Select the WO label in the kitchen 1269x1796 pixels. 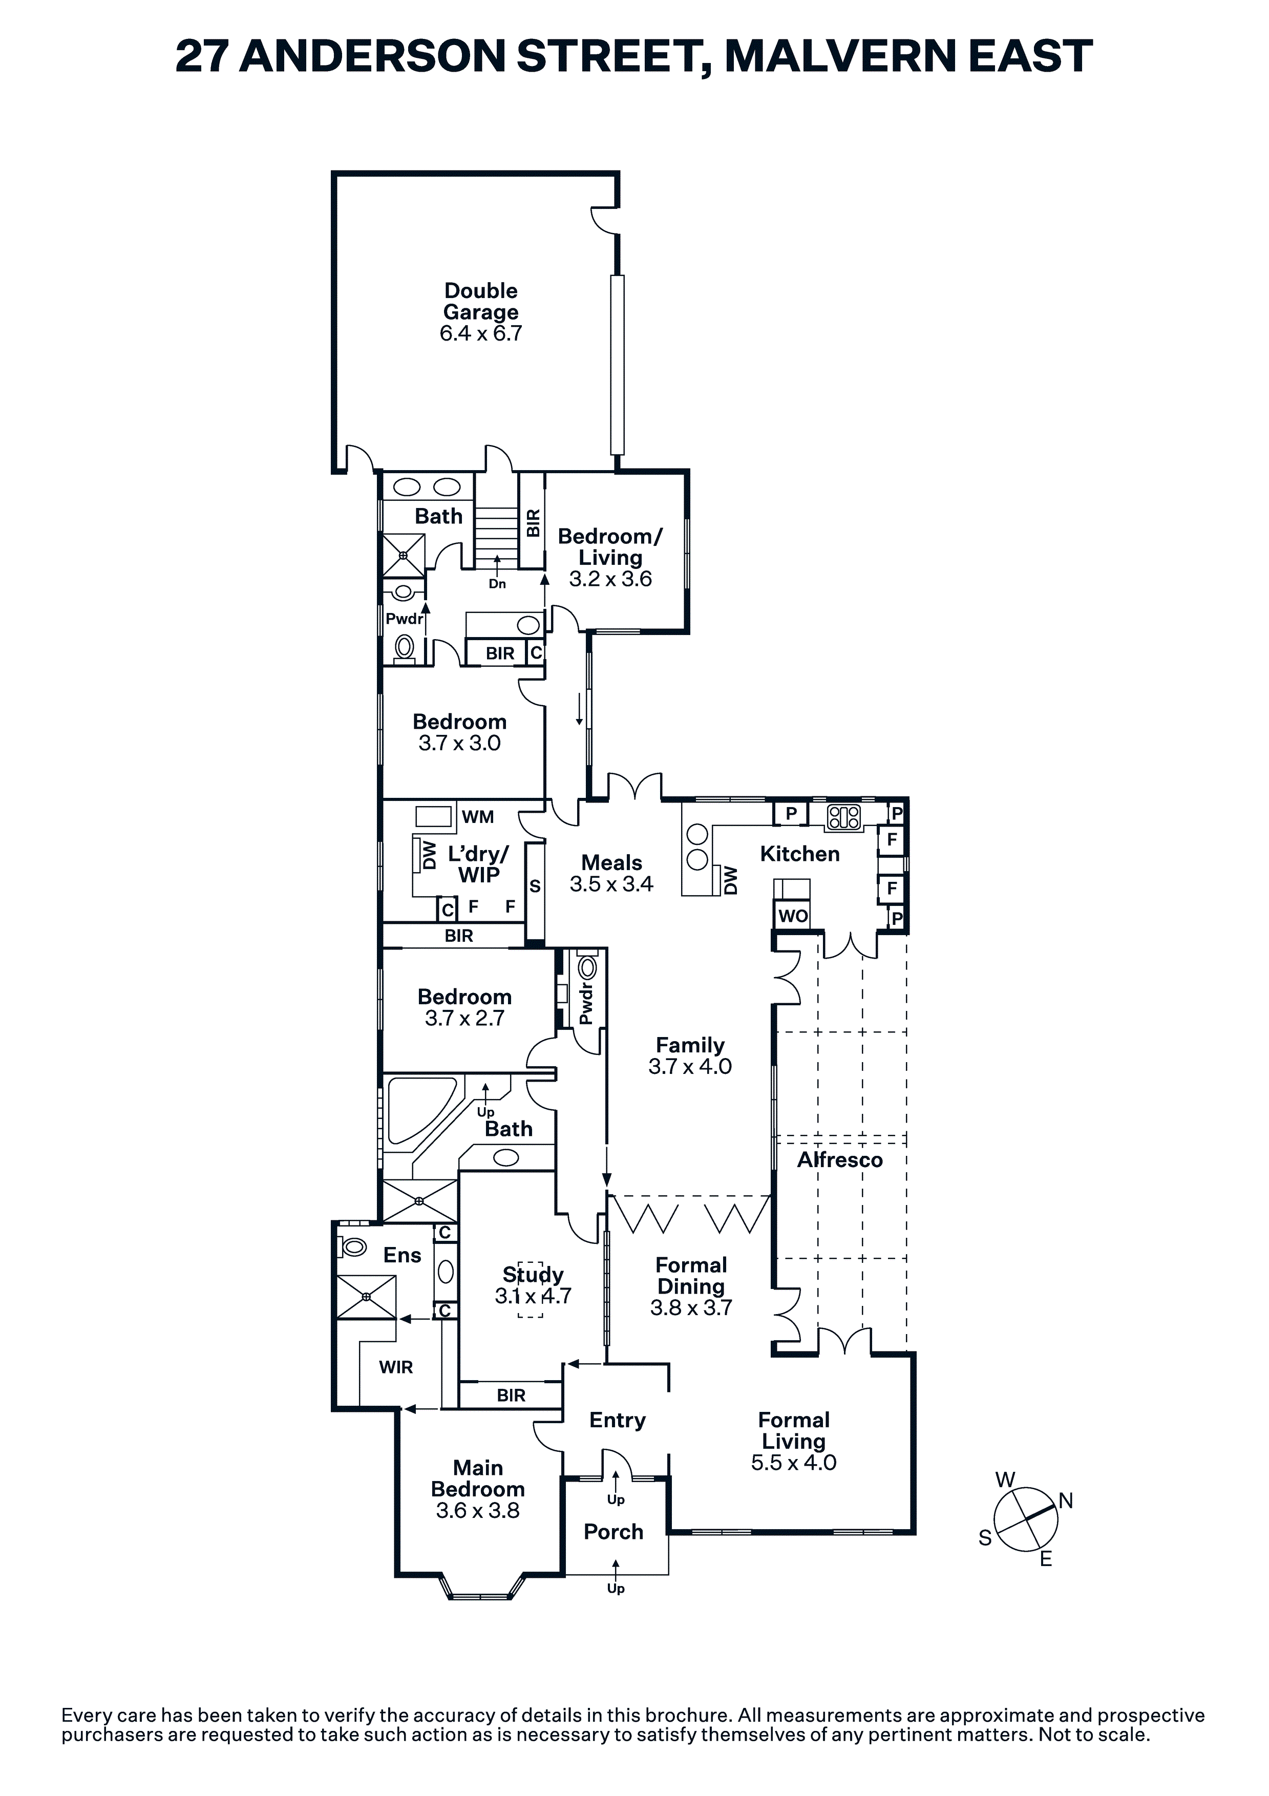(x=793, y=916)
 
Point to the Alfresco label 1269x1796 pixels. (x=839, y=1159)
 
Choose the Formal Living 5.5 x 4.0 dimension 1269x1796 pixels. (x=793, y=1463)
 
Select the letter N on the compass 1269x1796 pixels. (x=1066, y=1501)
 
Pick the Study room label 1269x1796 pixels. (x=533, y=1275)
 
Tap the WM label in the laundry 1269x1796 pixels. (x=477, y=817)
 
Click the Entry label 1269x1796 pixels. (x=617, y=1421)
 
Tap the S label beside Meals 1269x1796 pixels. (x=535, y=886)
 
